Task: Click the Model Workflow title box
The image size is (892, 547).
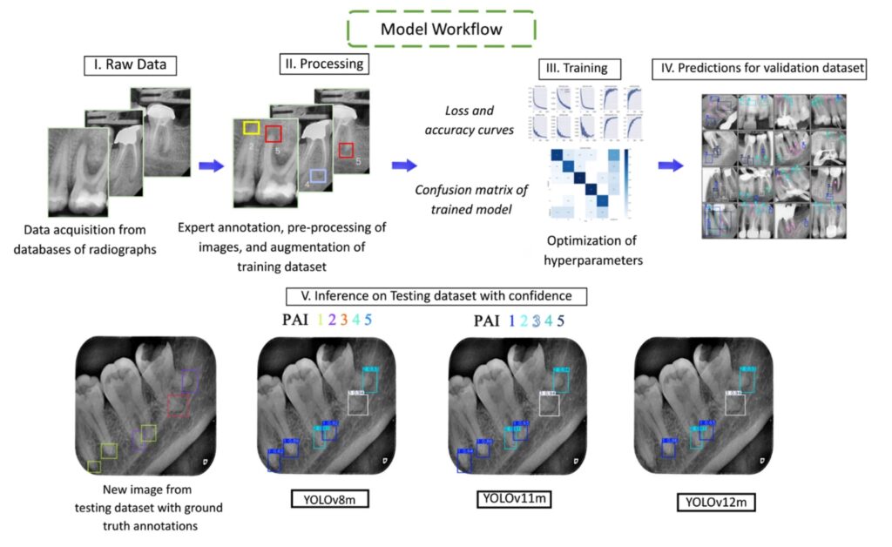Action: click(441, 29)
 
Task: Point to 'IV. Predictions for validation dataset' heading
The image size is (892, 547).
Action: click(759, 68)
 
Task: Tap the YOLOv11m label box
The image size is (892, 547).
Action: click(515, 498)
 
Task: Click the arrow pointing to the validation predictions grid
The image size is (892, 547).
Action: click(669, 165)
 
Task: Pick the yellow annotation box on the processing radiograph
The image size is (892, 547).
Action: click(251, 129)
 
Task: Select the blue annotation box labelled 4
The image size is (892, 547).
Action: click(317, 177)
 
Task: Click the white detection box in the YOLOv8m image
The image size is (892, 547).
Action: click(358, 403)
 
